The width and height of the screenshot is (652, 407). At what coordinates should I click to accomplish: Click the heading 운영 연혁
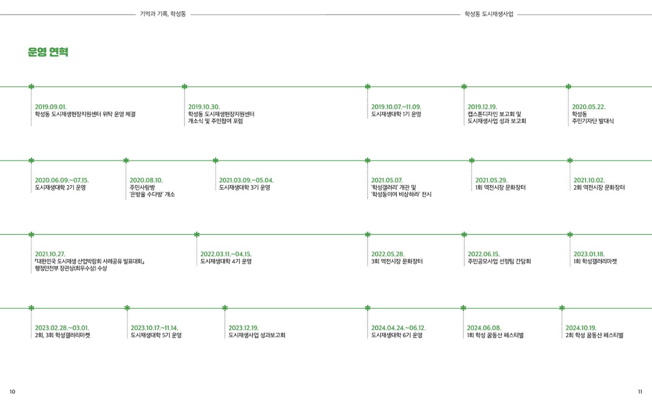(x=48, y=52)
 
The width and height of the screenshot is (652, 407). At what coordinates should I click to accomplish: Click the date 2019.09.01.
(x=51, y=107)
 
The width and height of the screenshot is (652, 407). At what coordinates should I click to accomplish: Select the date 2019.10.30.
(x=204, y=107)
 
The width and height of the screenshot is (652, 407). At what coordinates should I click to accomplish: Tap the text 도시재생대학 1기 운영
(x=396, y=114)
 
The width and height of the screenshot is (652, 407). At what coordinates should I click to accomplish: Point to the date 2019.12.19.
(x=482, y=107)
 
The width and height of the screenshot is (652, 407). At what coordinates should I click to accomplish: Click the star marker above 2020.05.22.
(x=568, y=87)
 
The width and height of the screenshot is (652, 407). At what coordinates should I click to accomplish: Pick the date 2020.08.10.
(x=146, y=180)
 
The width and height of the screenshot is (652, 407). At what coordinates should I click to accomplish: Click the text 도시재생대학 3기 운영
(x=244, y=187)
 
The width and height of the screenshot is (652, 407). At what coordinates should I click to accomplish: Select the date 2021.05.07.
(x=387, y=180)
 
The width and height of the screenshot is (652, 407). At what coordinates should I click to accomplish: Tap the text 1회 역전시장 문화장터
(x=500, y=187)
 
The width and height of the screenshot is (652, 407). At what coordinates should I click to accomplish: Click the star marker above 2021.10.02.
(x=570, y=160)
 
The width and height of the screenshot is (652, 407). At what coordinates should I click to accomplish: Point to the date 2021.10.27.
(x=50, y=254)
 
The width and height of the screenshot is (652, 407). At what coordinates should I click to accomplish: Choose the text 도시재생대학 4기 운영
(x=226, y=261)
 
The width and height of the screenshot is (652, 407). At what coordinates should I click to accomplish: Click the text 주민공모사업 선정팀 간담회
(x=499, y=261)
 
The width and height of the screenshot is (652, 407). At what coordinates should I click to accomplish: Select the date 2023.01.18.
(x=589, y=254)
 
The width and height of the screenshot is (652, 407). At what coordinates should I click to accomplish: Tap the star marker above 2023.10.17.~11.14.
(x=127, y=308)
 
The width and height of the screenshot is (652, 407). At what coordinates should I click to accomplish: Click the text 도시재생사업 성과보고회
(x=257, y=335)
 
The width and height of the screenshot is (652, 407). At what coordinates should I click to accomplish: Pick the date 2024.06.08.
(x=484, y=328)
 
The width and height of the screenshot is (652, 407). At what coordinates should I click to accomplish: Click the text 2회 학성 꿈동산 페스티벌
(x=594, y=335)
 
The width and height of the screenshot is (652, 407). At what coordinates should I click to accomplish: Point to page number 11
(x=640, y=392)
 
